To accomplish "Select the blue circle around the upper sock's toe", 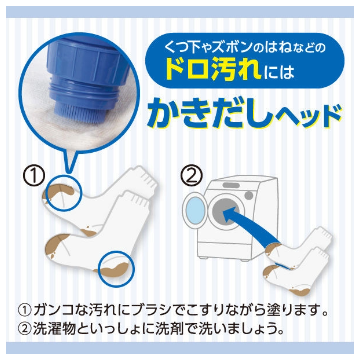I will pyautogui.click(x=63, y=193).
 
